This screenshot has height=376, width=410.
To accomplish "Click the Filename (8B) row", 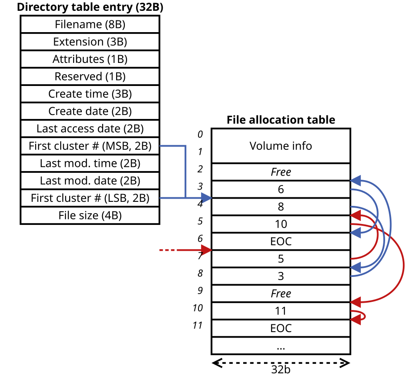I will (x=90, y=24).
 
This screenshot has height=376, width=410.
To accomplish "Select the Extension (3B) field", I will (x=90, y=42).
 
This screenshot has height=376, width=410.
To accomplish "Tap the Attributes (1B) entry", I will (x=90, y=59).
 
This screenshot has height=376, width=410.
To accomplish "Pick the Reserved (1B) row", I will (x=90, y=76).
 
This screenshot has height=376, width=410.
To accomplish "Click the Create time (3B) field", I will (x=90, y=94).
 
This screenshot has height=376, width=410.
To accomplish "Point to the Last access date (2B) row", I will (x=90, y=129).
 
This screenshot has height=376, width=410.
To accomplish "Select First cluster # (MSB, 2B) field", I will (x=90, y=146).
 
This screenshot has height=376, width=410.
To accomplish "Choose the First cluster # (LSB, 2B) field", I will (x=90, y=198).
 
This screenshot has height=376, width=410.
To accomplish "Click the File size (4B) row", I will (x=90, y=215).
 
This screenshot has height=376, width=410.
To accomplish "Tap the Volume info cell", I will (x=281, y=146).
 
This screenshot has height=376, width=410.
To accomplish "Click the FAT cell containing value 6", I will (x=281, y=190).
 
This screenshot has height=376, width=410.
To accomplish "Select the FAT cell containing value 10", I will (x=281, y=224).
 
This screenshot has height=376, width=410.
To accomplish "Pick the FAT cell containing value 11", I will (x=281, y=311).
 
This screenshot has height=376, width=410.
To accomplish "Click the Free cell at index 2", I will (x=281, y=172).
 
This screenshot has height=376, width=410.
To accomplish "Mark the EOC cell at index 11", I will (x=281, y=328).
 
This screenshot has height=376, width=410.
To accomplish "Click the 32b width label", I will (x=281, y=369).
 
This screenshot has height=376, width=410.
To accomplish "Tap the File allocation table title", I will (x=281, y=120).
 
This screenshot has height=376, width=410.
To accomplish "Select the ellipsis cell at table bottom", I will (x=281, y=346).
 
